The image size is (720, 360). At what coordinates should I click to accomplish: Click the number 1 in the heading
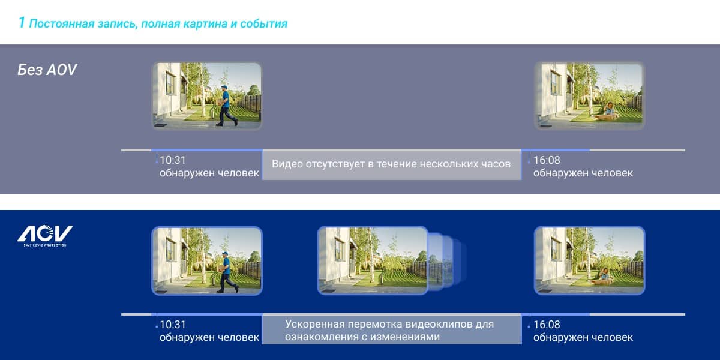coord(21,23)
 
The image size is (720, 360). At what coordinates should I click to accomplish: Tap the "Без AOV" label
coord(47,70)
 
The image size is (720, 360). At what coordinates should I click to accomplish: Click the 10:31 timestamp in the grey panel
coord(173,160)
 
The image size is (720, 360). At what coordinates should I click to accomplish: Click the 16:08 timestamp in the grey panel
coord(547,160)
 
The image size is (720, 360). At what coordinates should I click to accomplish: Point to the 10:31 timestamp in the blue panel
coord(173,325)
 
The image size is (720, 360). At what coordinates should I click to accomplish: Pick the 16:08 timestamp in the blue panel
coord(547,325)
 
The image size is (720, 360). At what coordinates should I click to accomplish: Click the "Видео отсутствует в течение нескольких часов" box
coord(391,164)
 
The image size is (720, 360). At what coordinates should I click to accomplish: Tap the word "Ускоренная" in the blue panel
coord(312,324)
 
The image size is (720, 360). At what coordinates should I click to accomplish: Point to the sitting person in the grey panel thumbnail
coord(609,110)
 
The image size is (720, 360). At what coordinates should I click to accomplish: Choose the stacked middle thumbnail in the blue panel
coord(372,260)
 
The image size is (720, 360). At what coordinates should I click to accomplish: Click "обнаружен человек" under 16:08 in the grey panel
coord(583,173)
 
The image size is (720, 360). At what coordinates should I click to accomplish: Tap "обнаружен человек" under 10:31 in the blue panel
coord(209,337)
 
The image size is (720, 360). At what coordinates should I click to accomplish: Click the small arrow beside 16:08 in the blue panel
coord(529,325)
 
